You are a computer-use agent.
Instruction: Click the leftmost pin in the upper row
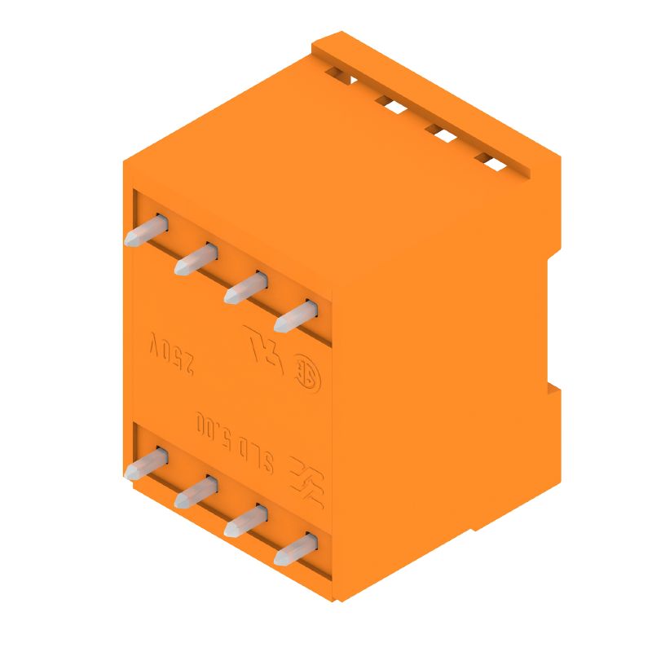145,231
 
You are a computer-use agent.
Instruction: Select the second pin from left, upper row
195,260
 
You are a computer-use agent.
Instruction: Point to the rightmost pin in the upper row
295,316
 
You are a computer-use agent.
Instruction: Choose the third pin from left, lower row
245,521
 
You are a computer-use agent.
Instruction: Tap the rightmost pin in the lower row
295,549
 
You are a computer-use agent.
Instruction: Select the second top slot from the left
390,104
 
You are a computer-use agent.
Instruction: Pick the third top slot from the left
441,133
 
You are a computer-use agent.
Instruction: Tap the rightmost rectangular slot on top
491,161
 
